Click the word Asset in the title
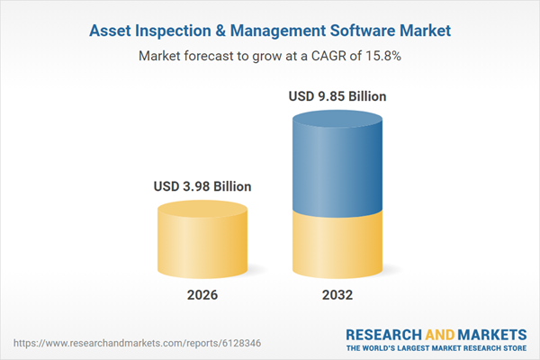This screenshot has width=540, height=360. tap(112, 31)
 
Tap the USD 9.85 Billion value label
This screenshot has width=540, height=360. tap(337, 95)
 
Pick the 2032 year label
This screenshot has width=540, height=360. tap(337, 295)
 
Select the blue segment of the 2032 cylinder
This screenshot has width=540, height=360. tap(337, 162)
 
